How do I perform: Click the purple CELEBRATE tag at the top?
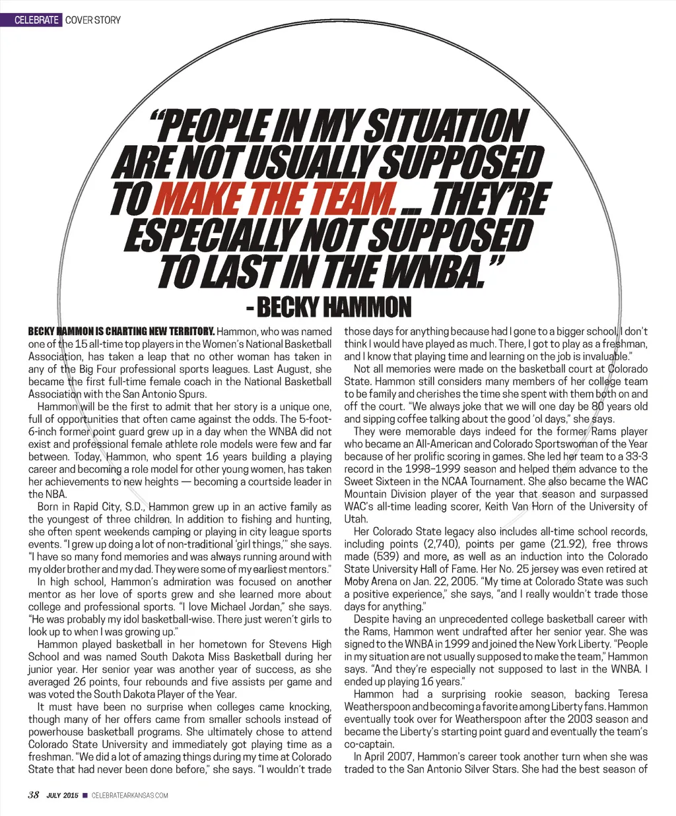coord(37,20)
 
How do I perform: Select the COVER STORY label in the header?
coord(93,20)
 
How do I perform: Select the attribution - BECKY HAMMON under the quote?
coord(327,307)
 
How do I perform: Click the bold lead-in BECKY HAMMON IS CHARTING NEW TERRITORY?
coord(121,331)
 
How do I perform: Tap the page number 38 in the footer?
coord(34,795)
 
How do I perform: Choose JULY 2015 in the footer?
coord(62,796)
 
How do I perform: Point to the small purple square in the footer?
coord(84,796)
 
